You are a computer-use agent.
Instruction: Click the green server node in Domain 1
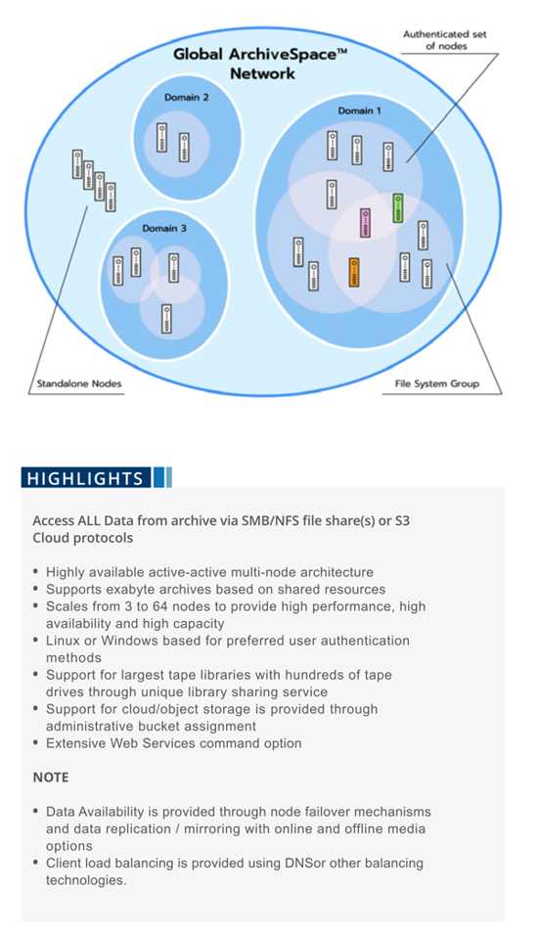[398, 208]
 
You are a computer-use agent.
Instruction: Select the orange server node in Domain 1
[353, 273]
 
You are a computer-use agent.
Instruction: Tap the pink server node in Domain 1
[366, 223]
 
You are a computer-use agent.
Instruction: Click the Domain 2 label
[187, 98]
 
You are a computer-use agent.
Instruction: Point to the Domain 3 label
[164, 229]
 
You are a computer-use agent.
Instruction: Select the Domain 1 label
[359, 111]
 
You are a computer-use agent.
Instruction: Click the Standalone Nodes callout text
[79, 383]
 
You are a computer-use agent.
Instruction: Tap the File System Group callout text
[437, 383]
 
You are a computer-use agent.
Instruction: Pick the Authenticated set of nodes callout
[444, 40]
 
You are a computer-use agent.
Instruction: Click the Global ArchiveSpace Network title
[260, 64]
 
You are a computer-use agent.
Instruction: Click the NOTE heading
[51, 777]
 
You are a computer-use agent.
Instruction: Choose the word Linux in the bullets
[64, 641]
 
